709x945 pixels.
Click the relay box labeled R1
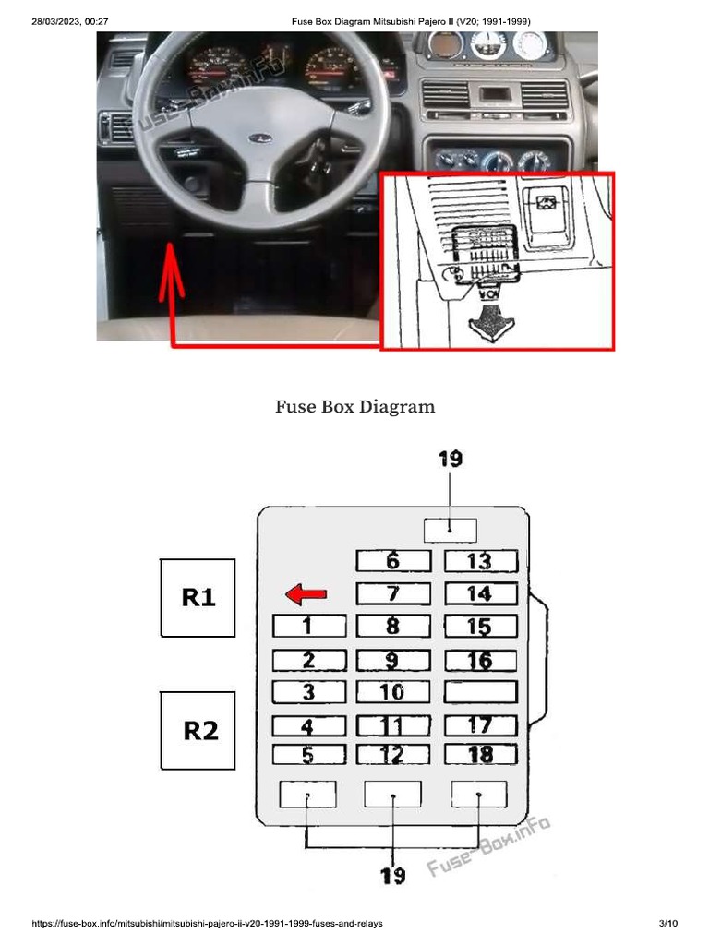click(198, 598)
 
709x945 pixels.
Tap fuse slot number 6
click(393, 561)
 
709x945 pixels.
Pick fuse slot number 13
click(480, 561)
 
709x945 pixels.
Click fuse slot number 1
click(309, 627)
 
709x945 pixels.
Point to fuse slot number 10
click(393, 691)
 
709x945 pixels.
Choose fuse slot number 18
click(480, 754)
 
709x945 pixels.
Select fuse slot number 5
click(309, 754)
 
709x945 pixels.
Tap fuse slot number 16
click(480, 660)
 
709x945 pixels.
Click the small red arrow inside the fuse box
click(306, 594)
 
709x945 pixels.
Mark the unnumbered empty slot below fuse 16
click(480, 691)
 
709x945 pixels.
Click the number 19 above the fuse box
click(450, 459)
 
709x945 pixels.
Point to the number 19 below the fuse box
click(393, 875)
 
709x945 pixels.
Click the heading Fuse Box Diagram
click(354, 406)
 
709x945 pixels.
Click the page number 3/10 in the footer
click(668, 923)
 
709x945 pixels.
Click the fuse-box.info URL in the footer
click(207, 923)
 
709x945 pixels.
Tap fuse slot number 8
click(393, 627)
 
